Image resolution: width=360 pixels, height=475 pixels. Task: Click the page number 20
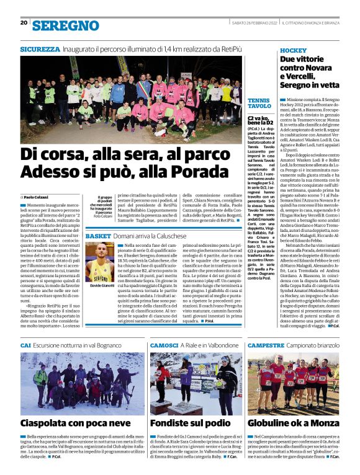tap(24, 24)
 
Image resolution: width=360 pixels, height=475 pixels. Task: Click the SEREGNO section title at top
tap(65, 25)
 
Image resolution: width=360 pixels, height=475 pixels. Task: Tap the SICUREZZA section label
tap(40, 48)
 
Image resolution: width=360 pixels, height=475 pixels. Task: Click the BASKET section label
tap(98, 237)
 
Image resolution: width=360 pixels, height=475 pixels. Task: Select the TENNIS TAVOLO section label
tap(258, 104)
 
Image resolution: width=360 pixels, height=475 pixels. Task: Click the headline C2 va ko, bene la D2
tap(258, 120)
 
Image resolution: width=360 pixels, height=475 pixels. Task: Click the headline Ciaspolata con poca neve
tap(77, 423)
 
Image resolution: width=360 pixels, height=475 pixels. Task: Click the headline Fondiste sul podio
tap(190, 423)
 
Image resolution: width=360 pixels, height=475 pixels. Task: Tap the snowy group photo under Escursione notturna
tap(83, 384)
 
